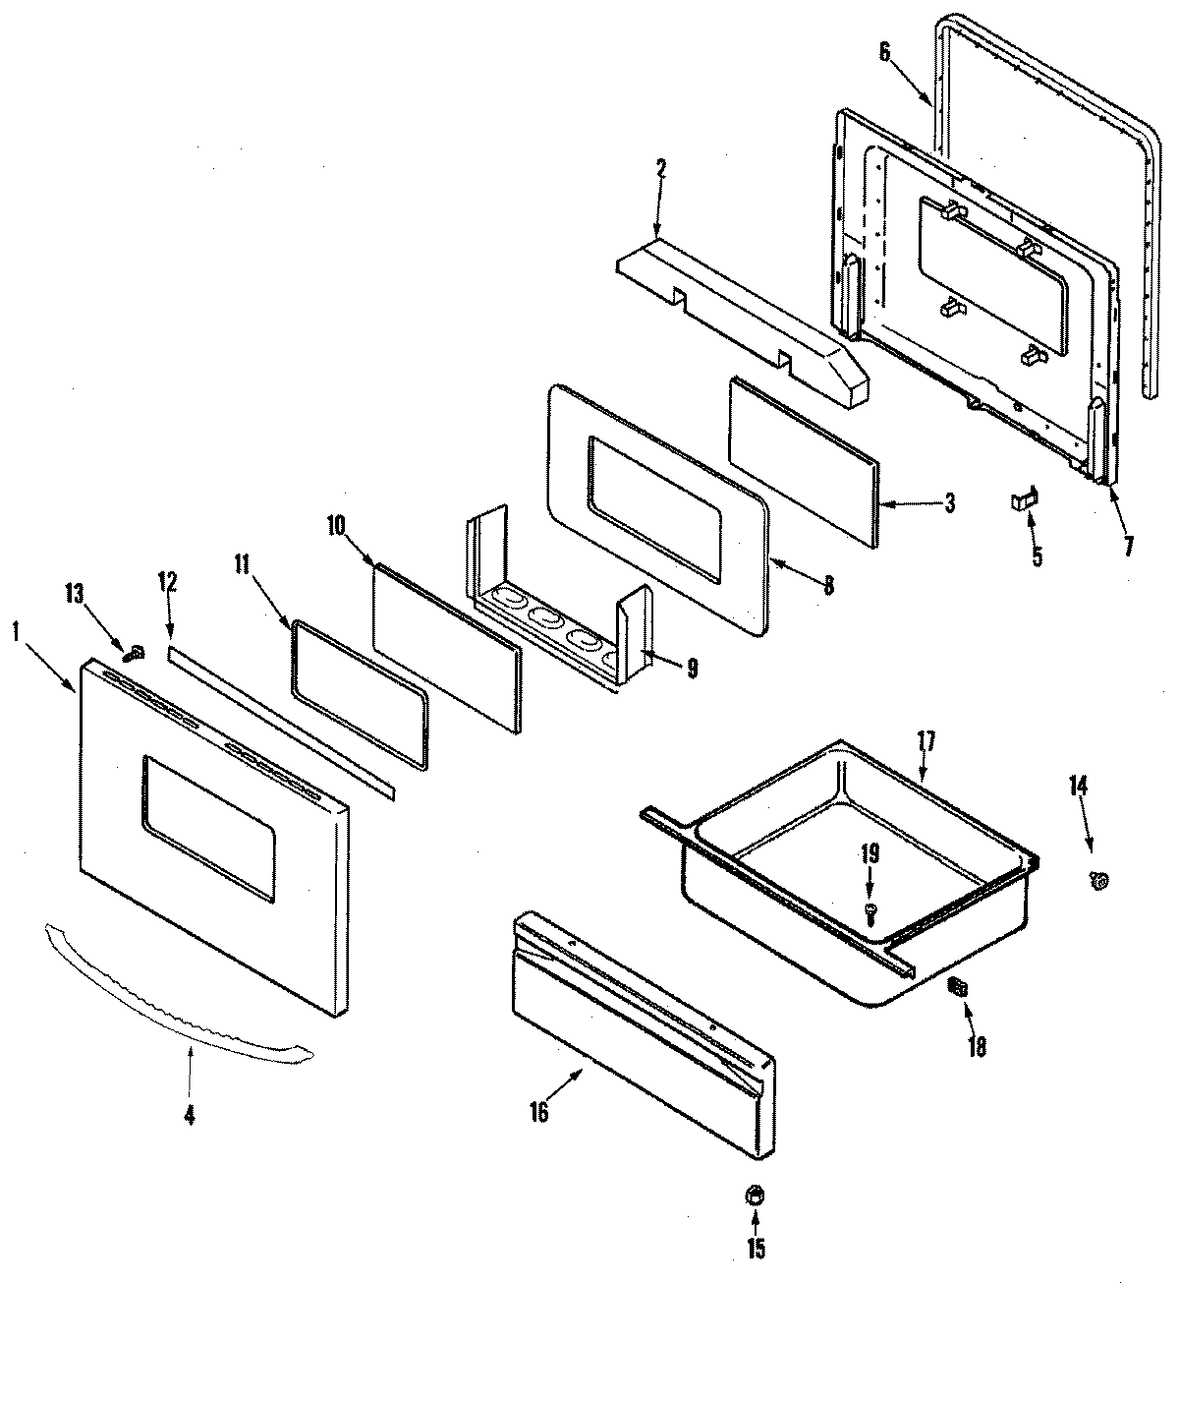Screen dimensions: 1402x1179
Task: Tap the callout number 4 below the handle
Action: point(189,1115)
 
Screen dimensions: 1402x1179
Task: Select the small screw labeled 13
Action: point(138,651)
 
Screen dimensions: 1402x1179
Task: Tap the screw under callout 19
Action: point(870,913)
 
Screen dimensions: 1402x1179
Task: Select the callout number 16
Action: point(538,1112)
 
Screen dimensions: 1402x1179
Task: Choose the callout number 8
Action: point(828,586)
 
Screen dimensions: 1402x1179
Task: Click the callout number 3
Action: point(948,504)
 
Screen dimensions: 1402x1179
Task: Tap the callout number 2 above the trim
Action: point(660,168)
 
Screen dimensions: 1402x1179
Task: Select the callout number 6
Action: point(884,52)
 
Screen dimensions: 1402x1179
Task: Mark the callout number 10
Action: point(336,525)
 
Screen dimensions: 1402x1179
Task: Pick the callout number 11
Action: point(242,563)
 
